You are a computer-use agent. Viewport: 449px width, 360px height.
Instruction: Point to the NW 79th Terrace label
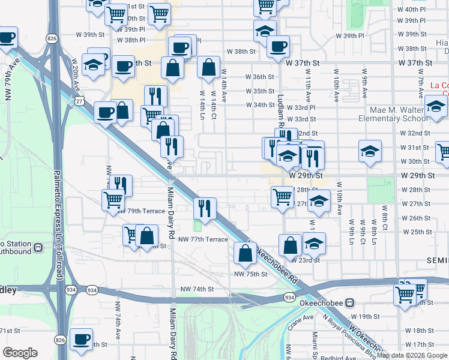click(141, 211)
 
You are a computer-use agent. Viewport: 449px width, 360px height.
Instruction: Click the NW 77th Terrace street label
click(204, 239)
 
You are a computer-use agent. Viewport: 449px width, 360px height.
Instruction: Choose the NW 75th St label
click(250, 274)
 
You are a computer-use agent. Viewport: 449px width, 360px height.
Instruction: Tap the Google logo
click(20, 353)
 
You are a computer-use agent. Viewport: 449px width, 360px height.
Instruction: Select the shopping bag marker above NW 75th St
click(245, 252)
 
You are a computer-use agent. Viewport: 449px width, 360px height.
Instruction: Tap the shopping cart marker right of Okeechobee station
click(405, 294)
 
